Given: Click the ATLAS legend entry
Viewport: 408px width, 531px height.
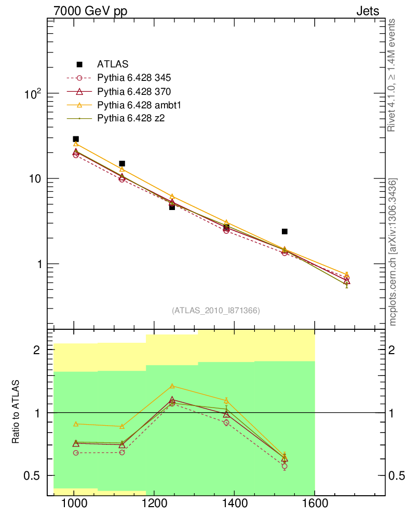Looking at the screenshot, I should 112,64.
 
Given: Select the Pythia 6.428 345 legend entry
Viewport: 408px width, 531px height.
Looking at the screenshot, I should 134,78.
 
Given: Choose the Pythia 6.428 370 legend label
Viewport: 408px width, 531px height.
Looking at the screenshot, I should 134,92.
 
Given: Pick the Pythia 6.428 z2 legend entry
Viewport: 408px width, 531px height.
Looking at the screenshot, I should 131,119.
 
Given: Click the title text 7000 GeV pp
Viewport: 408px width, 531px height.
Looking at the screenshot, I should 90,11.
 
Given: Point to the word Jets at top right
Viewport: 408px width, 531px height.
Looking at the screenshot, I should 367,11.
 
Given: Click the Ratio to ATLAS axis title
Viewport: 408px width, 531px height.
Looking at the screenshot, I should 16,412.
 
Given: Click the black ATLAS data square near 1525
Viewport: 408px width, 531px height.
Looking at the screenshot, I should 284,231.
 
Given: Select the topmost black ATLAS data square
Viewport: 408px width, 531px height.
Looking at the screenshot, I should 76,139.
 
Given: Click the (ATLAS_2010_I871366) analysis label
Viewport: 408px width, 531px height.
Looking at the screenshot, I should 216,310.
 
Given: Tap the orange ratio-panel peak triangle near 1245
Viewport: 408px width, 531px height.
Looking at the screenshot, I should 172,386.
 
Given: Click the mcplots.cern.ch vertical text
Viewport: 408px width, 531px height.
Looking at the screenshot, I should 393,252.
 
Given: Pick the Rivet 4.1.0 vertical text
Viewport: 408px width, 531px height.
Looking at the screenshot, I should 393,75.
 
